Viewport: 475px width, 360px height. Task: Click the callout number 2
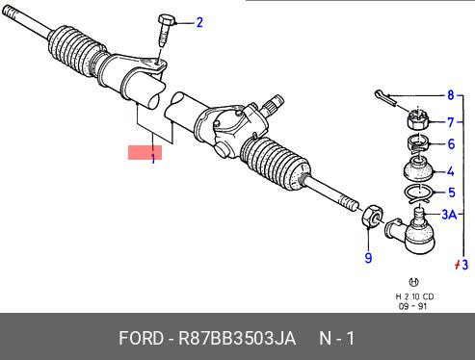199,23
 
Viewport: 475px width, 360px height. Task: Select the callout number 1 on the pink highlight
153,158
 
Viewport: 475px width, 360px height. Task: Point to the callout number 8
451,95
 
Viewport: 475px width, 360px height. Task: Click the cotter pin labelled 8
385,97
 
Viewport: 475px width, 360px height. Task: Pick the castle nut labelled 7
417,119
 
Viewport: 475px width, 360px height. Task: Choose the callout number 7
451,122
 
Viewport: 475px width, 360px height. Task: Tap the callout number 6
451,144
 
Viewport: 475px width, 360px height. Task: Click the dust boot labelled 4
418,168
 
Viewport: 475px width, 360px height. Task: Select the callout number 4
451,171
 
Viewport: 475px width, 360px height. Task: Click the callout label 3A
449,214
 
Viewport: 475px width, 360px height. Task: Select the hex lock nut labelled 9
372,216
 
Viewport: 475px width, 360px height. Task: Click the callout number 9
368,258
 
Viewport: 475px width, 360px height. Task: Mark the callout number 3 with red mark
462,265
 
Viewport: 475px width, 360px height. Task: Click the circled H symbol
413,282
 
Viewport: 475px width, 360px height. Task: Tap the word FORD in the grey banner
141,338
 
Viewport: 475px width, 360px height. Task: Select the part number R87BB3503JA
237,338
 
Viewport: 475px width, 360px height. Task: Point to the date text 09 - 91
412,306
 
